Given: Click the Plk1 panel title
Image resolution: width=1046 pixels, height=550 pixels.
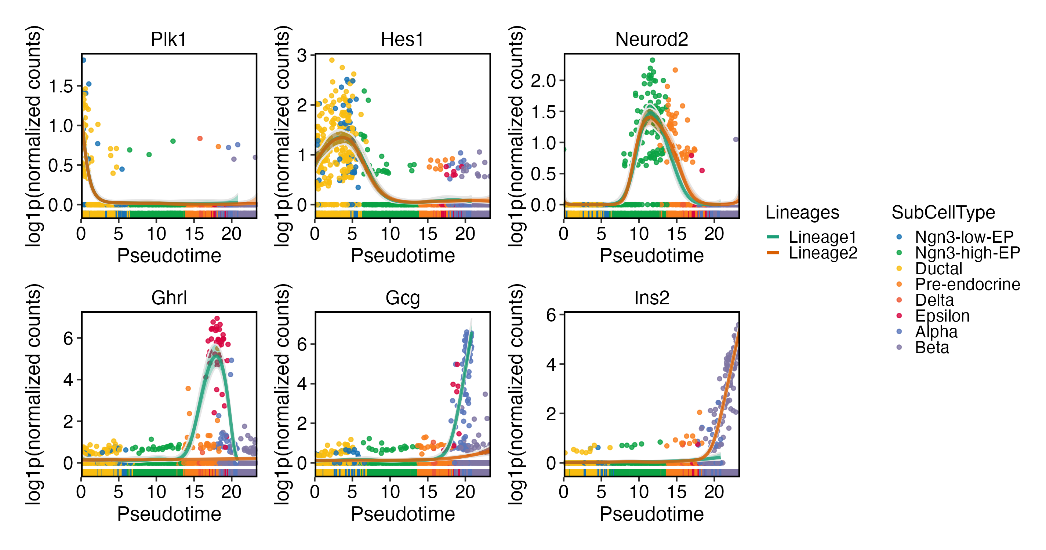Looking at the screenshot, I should click(168, 40).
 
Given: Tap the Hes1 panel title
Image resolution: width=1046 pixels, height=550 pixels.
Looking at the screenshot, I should click(402, 40).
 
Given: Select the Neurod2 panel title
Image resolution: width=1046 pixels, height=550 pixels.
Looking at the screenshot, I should click(651, 40).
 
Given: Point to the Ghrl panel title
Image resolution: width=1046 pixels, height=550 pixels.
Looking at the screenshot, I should click(169, 298).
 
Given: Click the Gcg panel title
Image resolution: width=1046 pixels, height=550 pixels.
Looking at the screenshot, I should click(402, 298).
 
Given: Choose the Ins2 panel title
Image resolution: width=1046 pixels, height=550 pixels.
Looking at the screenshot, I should click(651, 298).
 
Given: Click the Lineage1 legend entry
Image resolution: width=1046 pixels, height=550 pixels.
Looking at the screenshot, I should click(822, 237).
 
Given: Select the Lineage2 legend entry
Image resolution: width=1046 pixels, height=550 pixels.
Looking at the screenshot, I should click(822, 253).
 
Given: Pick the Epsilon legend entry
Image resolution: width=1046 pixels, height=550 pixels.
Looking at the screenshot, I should click(942, 316).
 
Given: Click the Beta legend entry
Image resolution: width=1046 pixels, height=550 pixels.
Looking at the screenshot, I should click(932, 348).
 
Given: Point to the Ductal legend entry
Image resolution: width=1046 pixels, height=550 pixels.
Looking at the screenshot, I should click(938, 268).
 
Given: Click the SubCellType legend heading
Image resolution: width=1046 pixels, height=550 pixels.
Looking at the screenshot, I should click(943, 213).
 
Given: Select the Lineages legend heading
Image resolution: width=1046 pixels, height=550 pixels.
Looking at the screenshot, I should click(802, 213).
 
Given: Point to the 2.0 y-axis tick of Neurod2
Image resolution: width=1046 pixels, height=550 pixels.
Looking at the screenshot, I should click(543, 81).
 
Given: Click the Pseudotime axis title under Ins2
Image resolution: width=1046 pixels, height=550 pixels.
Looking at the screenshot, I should click(651, 514).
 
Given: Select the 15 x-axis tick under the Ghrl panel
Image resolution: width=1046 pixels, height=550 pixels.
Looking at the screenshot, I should click(194, 492).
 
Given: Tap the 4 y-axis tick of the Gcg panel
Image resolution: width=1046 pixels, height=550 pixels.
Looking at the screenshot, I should click(302, 384).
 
